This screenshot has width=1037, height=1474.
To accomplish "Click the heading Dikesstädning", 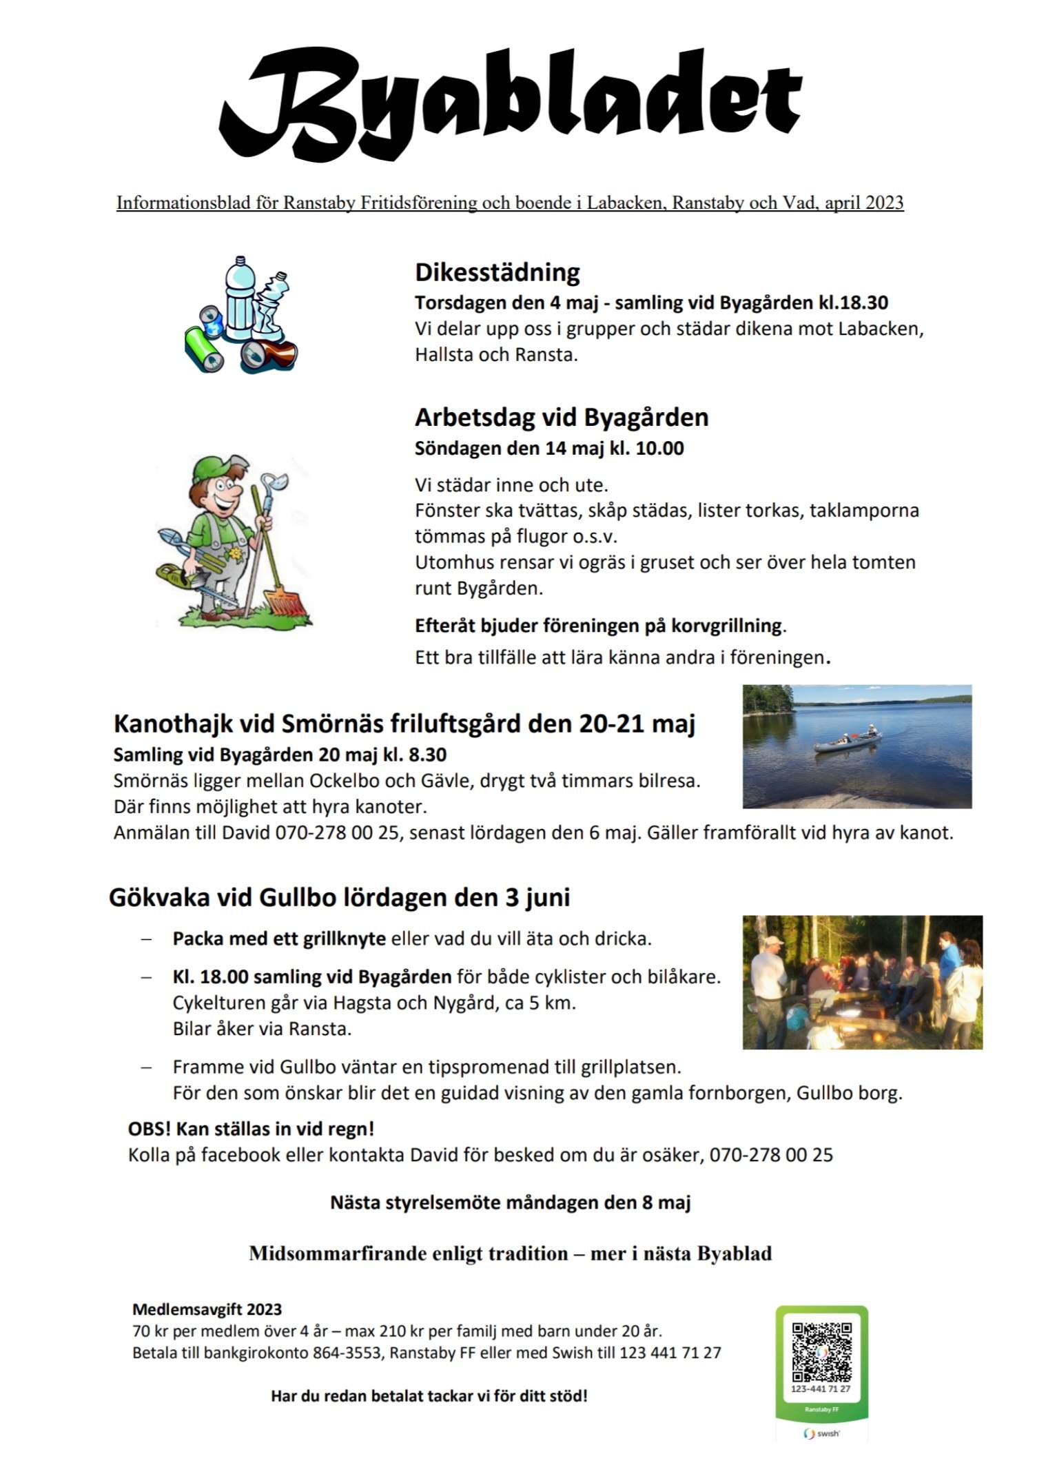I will coord(497,272).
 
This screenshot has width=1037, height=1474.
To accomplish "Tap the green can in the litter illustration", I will coord(205,349).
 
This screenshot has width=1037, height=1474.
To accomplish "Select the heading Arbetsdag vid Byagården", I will coord(562,418).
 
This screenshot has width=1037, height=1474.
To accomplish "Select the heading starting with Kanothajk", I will coord(404,724).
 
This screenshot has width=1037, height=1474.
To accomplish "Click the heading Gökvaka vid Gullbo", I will coord(339,898).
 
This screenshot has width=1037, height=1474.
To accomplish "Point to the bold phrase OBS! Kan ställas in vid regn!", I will coord(251,1129).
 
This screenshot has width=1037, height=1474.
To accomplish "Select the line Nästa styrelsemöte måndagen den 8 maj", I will coord(511,1202).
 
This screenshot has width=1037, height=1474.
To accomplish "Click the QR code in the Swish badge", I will coord(821,1351).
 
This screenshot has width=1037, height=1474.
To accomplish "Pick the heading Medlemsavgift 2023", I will coord(207,1309).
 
